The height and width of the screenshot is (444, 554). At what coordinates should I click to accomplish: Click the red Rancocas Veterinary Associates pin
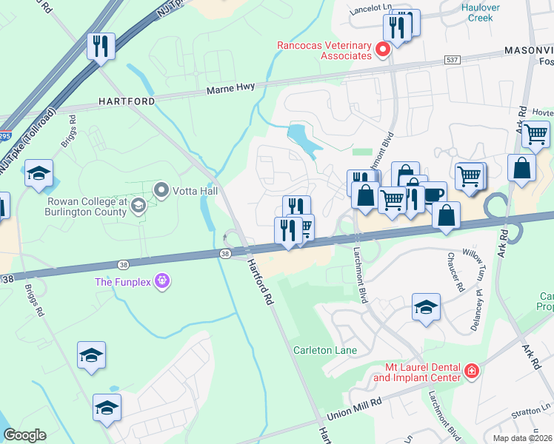pos(383,50)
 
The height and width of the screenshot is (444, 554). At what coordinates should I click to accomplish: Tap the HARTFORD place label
pos(127,101)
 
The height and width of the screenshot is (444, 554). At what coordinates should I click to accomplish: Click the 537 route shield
pos(452,58)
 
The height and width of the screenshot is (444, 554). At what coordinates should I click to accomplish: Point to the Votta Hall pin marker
pos(161,191)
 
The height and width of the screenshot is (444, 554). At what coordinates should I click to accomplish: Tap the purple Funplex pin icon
pos(164,281)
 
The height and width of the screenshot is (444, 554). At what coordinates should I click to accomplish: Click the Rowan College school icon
pos(138,208)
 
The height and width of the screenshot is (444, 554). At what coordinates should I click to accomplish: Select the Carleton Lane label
pos(324,350)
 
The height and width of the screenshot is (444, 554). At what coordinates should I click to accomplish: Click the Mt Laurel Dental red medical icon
pos(472,371)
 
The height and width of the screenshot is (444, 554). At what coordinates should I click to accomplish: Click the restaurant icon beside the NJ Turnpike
pos(99,46)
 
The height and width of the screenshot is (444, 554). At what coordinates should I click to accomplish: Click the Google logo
pos(24,434)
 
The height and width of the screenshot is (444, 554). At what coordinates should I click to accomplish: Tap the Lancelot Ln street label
pos(372,6)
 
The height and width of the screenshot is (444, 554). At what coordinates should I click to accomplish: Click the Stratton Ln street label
pos(536,407)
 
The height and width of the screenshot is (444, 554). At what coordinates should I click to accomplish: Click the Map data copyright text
pos(520,438)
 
